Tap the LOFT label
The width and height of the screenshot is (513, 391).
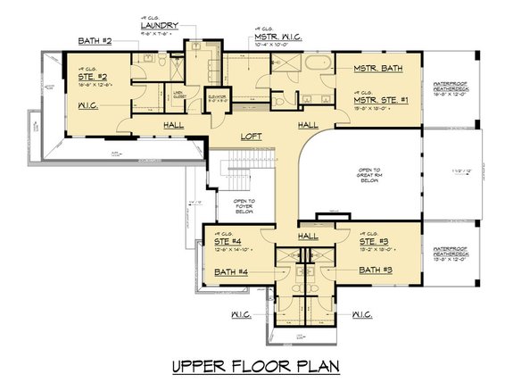252,137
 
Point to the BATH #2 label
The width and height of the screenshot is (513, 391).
95,42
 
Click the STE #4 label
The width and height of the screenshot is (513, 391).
228,240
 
